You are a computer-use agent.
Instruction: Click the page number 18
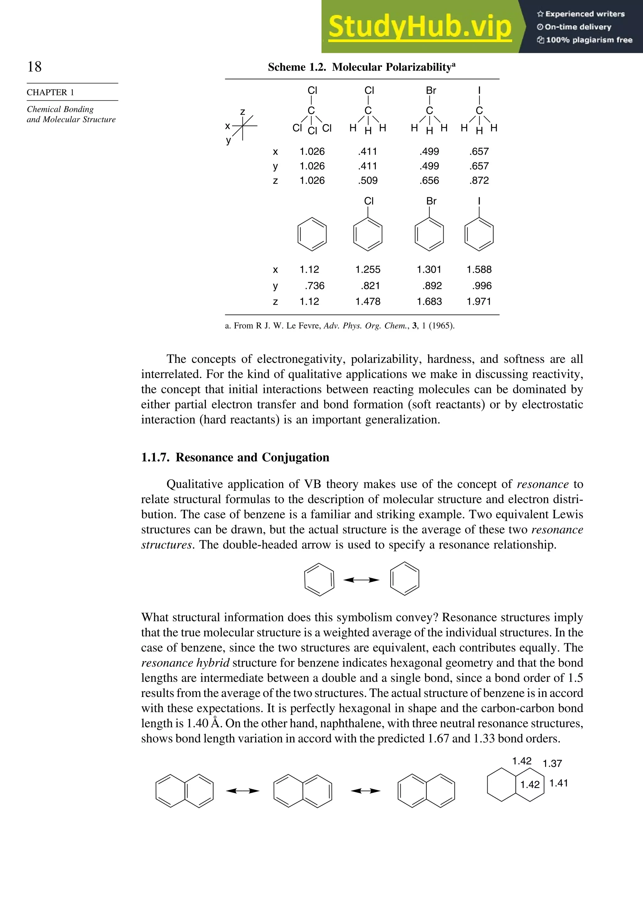35,67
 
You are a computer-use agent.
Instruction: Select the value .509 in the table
368,181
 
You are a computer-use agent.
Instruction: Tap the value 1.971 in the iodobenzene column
478,302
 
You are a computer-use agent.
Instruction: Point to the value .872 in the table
479,181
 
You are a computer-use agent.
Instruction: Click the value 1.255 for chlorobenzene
368,269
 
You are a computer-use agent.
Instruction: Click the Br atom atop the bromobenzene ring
431,201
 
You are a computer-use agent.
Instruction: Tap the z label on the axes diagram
242,112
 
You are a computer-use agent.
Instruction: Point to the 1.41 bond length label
558,783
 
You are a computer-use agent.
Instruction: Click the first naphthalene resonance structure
185,791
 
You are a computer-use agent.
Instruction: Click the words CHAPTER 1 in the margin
51,92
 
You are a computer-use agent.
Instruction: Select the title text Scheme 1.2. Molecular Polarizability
361,67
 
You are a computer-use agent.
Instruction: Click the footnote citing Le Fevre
339,325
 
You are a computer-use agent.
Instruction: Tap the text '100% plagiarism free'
588,40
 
